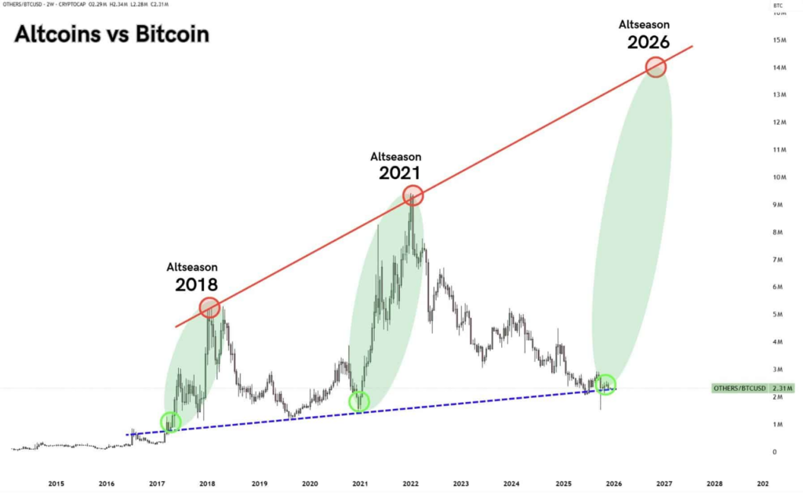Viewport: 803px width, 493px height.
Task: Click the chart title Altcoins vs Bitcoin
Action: click(x=112, y=35)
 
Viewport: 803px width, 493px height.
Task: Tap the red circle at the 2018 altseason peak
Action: click(x=209, y=308)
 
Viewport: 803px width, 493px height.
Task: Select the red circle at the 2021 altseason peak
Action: click(x=413, y=195)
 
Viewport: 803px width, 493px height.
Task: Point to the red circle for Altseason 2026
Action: click(x=656, y=67)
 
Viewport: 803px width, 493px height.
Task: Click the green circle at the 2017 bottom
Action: click(x=170, y=422)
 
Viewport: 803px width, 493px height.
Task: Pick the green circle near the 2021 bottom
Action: click(x=359, y=401)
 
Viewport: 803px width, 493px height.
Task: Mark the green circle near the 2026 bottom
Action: click(x=605, y=385)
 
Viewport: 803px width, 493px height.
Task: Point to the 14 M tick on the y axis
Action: click(x=780, y=68)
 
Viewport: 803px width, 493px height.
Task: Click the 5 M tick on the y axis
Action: click(x=779, y=315)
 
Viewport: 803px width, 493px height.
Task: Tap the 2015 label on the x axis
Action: click(x=56, y=484)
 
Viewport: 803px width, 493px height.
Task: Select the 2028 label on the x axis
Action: click(x=714, y=484)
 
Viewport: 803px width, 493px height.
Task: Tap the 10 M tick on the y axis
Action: click(x=779, y=177)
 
